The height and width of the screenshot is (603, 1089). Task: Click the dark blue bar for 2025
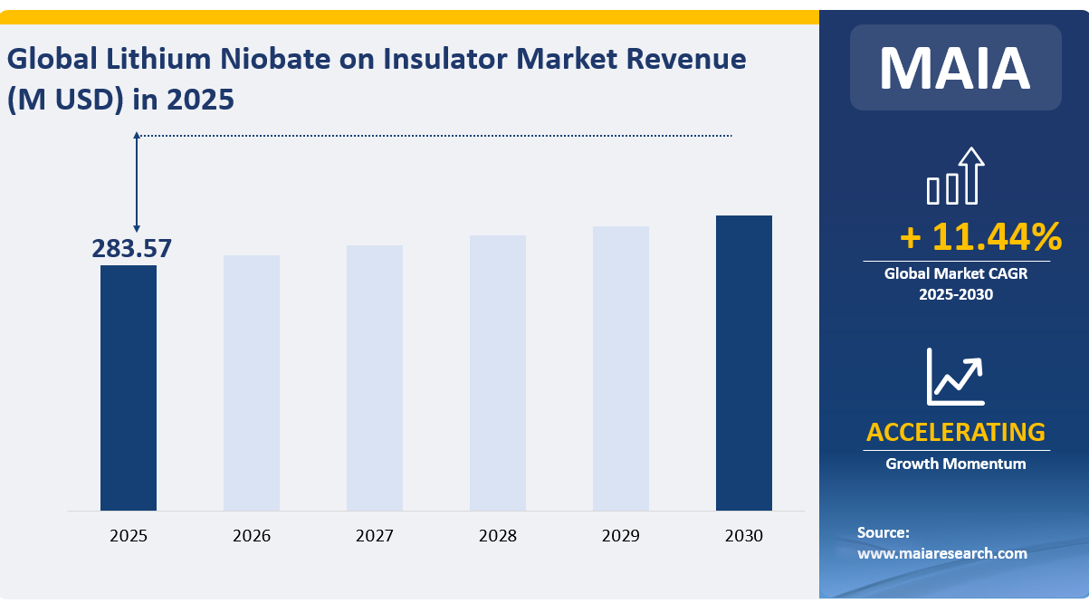pyautogui.click(x=128, y=388)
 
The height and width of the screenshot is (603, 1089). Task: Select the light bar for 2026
pyautogui.click(x=251, y=382)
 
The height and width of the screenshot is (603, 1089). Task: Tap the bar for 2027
pyautogui.click(x=374, y=378)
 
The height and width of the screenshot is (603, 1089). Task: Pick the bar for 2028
pyautogui.click(x=497, y=372)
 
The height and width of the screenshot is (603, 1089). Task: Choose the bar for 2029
pyautogui.click(x=620, y=368)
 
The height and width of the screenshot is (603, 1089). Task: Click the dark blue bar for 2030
pyautogui.click(x=743, y=362)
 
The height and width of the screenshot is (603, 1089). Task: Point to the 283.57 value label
pyautogui.click(x=131, y=248)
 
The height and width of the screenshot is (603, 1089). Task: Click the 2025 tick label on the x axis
pyautogui.click(x=128, y=536)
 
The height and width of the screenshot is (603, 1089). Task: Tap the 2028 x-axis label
pyautogui.click(x=497, y=536)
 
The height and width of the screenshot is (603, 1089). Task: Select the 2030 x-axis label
pyautogui.click(x=743, y=536)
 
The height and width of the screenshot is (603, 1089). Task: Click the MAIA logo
pyautogui.click(x=954, y=68)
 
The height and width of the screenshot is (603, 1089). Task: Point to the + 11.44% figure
pyautogui.click(x=980, y=237)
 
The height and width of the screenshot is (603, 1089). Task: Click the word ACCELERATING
pyautogui.click(x=955, y=432)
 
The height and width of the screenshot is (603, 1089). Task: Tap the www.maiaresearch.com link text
pyautogui.click(x=941, y=553)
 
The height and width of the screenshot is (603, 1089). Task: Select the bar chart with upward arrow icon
pyautogui.click(x=956, y=177)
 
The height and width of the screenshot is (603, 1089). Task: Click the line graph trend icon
pyautogui.click(x=955, y=377)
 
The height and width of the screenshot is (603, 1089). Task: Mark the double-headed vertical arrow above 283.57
pyautogui.click(x=137, y=182)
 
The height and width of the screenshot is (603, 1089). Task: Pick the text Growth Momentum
pyautogui.click(x=955, y=464)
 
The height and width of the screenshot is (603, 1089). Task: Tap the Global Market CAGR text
pyautogui.click(x=956, y=273)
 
